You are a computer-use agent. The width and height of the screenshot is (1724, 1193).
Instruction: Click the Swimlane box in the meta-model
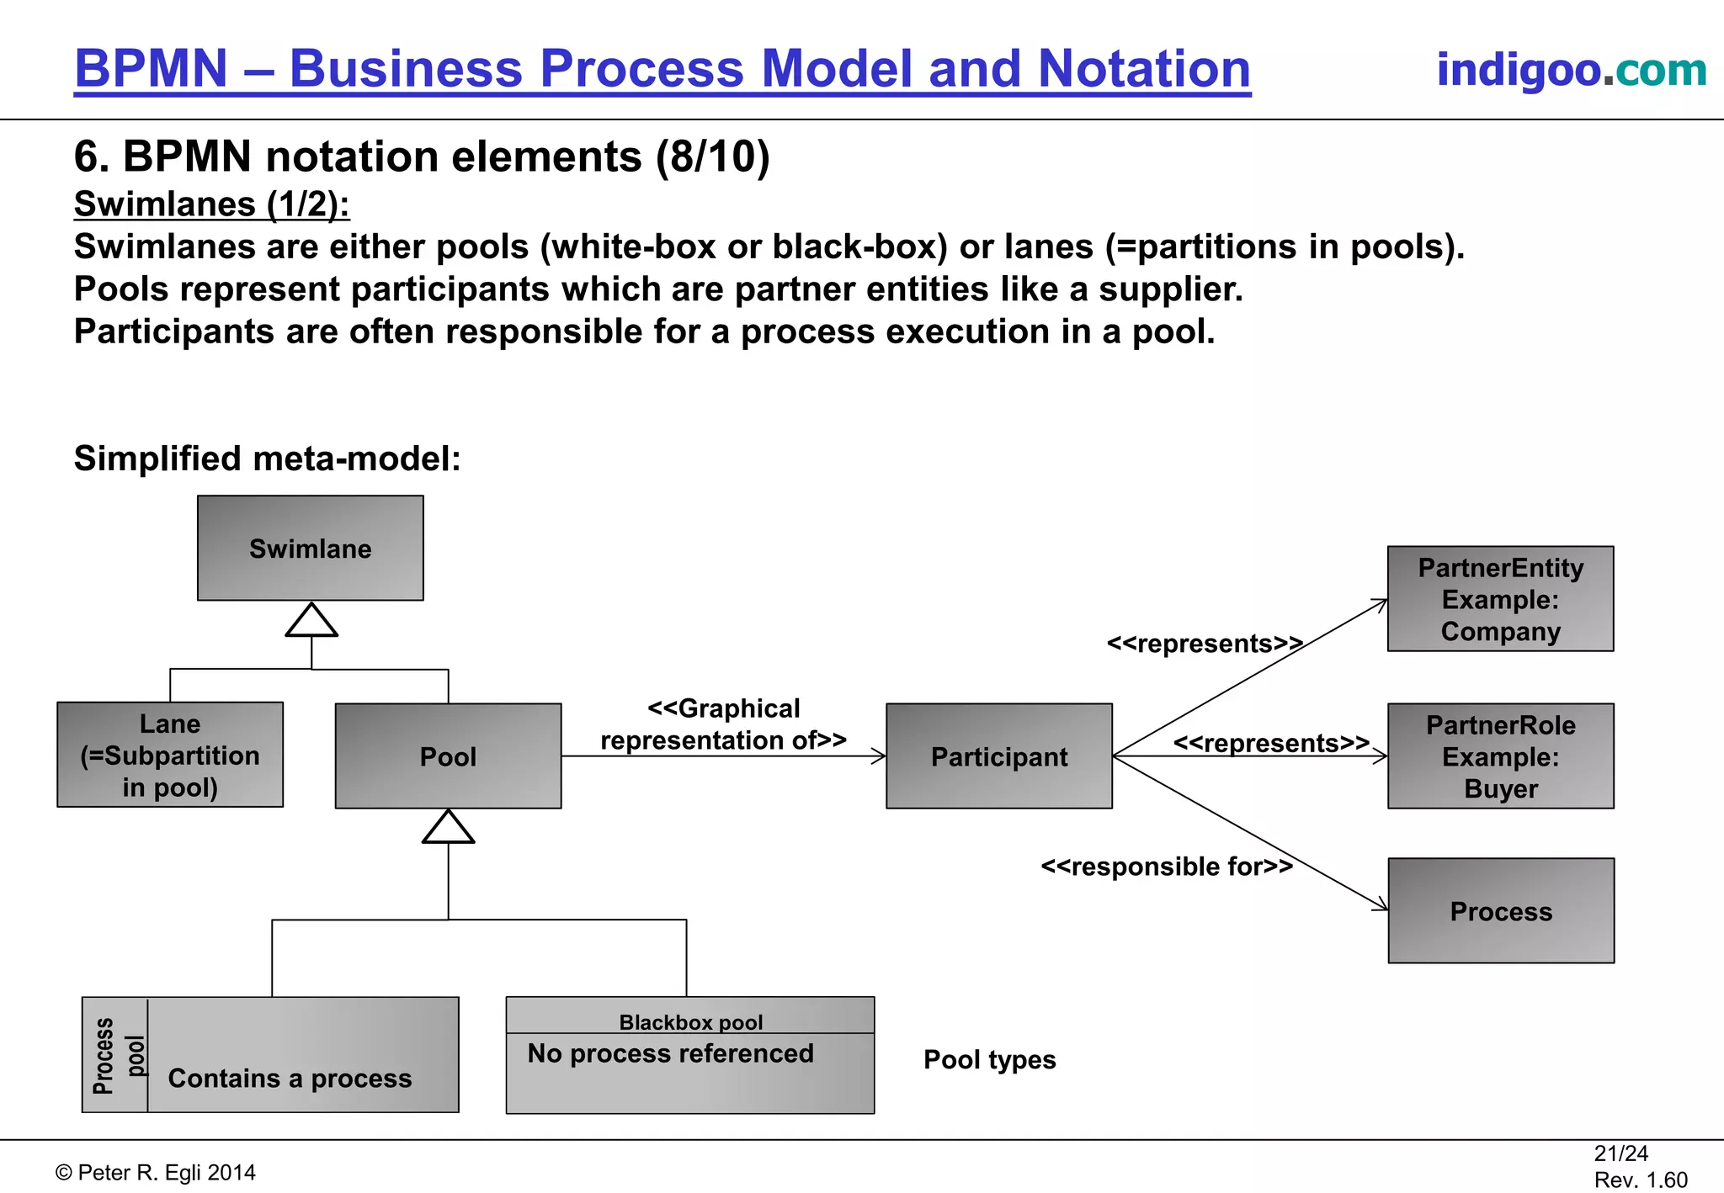(310, 548)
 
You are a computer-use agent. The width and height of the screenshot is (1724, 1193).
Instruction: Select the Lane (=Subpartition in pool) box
(170, 755)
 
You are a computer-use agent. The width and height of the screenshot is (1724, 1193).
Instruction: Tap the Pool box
(448, 756)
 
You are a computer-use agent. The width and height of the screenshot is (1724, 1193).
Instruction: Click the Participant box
(998, 756)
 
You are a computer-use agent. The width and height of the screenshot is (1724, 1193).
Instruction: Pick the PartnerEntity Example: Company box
(1500, 599)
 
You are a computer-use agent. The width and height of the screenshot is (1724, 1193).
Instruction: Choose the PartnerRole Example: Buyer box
(1500, 756)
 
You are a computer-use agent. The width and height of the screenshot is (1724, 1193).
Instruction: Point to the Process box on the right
(1500, 911)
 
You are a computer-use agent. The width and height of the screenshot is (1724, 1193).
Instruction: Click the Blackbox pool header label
(690, 1021)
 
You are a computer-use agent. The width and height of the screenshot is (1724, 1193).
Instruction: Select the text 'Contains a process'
(290, 1078)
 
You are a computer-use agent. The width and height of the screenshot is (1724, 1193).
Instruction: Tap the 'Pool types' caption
(989, 1059)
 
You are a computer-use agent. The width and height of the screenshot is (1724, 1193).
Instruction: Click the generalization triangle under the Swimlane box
(311, 621)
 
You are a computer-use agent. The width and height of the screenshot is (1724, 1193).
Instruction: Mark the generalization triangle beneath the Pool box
(448, 827)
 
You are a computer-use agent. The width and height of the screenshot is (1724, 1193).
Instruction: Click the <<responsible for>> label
(1166, 866)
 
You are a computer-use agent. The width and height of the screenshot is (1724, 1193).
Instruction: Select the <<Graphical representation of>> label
(723, 724)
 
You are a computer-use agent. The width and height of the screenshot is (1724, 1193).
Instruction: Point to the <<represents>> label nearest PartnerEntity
(1204, 644)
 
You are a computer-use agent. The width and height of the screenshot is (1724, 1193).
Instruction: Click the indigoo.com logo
(1571, 70)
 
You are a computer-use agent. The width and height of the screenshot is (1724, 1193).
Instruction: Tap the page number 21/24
(1620, 1153)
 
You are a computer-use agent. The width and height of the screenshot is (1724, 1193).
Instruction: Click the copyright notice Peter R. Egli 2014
(156, 1173)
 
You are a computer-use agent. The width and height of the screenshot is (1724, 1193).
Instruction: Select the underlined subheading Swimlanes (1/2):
(211, 204)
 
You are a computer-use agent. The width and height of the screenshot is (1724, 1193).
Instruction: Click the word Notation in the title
(1144, 68)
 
